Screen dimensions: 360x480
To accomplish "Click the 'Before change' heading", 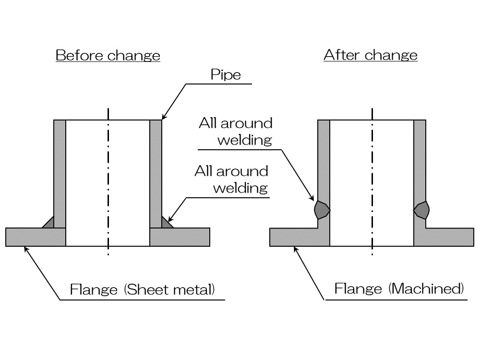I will pyautogui.click(x=108, y=55).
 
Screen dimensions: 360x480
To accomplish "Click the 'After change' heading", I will pyautogui.click(x=371, y=55).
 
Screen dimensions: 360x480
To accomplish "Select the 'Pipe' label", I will pyautogui.click(x=226, y=75).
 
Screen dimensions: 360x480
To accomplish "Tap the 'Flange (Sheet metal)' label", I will pyautogui.click(x=143, y=290).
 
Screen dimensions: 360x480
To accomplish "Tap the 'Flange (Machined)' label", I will pyautogui.click(x=399, y=289).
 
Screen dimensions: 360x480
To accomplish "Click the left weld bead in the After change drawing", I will pyautogui.click(x=322, y=210).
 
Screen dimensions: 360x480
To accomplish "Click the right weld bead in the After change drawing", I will pyautogui.click(x=421, y=210).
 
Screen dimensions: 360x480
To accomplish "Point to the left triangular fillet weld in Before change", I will pyautogui.click(x=48, y=223).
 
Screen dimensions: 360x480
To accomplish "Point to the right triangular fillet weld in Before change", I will pyautogui.click(x=166, y=223).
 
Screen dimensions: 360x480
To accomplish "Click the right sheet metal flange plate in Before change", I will pyautogui.click(x=180, y=237).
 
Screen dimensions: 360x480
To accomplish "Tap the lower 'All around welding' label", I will pyautogui.click(x=232, y=179).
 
